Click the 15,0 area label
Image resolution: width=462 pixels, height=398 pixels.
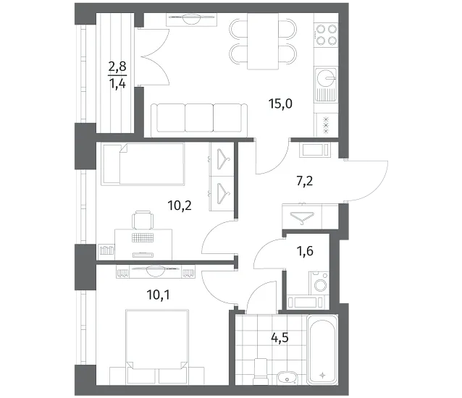[x=280, y=104]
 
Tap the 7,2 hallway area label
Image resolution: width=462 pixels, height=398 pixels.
[x=304, y=181]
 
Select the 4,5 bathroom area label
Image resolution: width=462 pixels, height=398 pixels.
[x=280, y=338]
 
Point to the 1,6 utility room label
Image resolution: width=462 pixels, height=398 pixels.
[x=305, y=251]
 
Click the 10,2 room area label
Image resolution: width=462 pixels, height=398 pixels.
[x=180, y=206]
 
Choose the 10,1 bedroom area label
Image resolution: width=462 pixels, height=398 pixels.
[x=158, y=295]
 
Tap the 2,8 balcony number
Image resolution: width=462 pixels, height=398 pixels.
[x=117, y=67]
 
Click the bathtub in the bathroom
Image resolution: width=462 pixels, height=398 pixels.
[x=322, y=350]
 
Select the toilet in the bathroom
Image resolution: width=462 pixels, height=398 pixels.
[x=260, y=371]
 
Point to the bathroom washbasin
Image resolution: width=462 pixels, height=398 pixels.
[x=287, y=378]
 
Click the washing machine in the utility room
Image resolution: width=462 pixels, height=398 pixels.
[x=319, y=283]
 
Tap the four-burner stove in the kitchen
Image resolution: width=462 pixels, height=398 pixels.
[x=326, y=35]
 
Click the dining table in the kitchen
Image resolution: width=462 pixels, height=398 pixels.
[x=263, y=41]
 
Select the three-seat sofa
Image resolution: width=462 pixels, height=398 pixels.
[x=199, y=120]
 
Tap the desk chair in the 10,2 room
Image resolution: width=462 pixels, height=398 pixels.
[x=143, y=220]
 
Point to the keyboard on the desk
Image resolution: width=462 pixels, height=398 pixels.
[x=143, y=237]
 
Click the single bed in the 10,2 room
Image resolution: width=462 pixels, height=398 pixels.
[x=143, y=164]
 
